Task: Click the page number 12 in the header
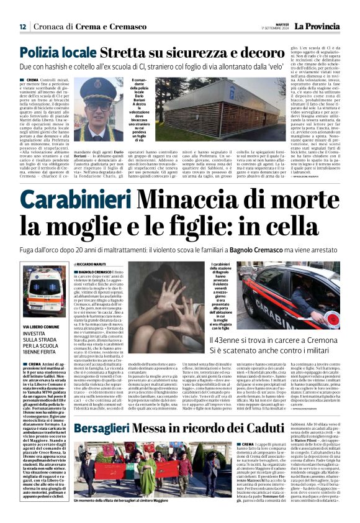(x=23, y=26)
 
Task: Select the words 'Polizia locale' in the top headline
(x=57, y=52)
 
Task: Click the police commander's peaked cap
(x=96, y=85)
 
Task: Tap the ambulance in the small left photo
(x=43, y=292)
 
